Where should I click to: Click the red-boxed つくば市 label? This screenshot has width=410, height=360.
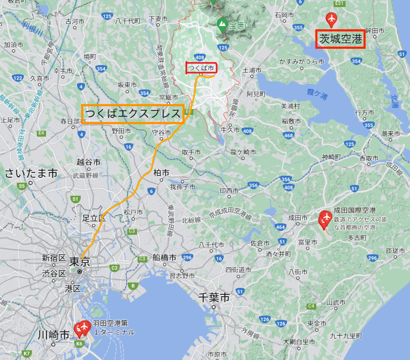click(x=201, y=68)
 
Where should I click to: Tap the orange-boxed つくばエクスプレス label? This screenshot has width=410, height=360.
click(x=133, y=114)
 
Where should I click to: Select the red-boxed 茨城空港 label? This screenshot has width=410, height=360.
click(x=340, y=39)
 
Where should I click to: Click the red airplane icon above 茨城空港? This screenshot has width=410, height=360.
click(x=331, y=20)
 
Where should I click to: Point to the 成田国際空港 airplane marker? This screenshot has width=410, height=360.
click(x=325, y=219)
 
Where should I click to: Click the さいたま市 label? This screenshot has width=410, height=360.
click(x=31, y=173)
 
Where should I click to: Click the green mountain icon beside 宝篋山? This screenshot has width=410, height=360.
click(x=221, y=24)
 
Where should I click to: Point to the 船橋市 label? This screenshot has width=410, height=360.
click(x=163, y=257)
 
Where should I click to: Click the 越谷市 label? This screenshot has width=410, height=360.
click(x=88, y=162)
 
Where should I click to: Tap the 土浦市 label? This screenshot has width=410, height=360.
click(x=252, y=70)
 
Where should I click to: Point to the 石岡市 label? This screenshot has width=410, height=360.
click(x=284, y=15)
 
